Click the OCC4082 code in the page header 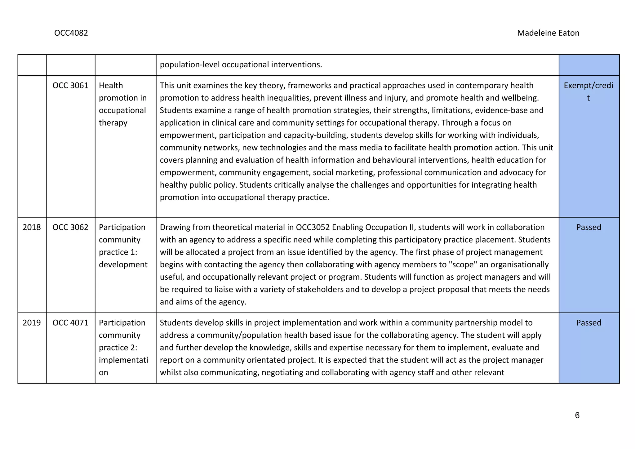(x=71, y=33)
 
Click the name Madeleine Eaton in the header (x=548, y=33)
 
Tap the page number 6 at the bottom (x=577, y=415)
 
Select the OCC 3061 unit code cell (x=70, y=85)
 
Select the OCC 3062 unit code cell (x=70, y=227)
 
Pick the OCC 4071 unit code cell (x=70, y=323)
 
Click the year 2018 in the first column (x=32, y=227)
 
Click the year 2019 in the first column (x=32, y=323)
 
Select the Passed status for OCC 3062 (x=588, y=227)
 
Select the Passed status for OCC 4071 (x=588, y=323)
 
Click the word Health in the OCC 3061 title (x=111, y=85)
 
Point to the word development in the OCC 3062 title (x=123, y=265)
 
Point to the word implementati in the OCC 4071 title (x=123, y=360)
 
